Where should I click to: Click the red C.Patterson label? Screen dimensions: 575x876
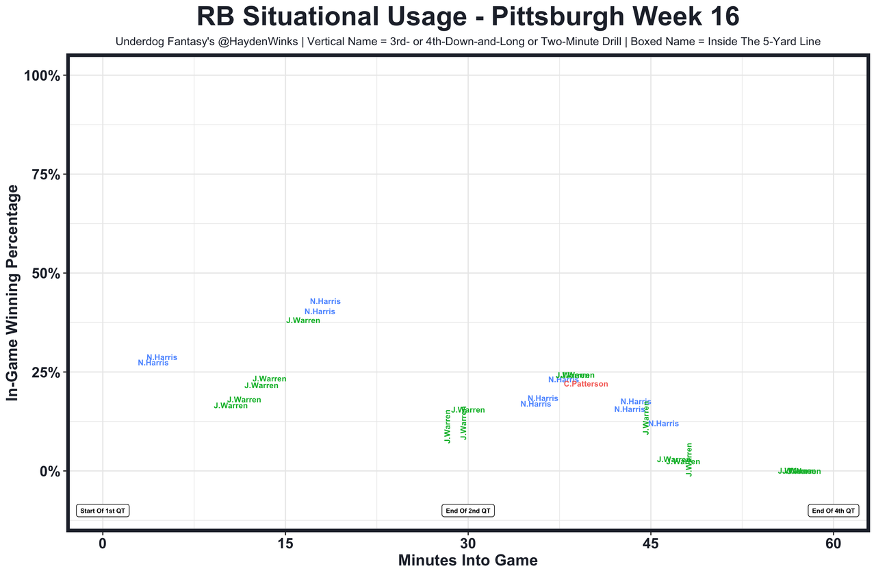click(586, 385)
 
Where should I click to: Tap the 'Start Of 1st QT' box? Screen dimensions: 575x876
click(103, 511)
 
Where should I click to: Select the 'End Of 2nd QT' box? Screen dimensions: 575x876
click(468, 511)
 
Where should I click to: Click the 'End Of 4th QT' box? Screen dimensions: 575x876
click(833, 511)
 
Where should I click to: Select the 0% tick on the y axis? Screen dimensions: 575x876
click(51, 472)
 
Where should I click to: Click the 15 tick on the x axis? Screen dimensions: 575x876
click(285, 544)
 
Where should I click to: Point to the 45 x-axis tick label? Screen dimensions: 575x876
click(651, 544)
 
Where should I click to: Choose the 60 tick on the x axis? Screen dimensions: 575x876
click(833, 544)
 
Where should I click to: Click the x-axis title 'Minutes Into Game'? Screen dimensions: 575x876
click(468, 561)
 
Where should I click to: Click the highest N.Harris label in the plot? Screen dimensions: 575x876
click(325, 301)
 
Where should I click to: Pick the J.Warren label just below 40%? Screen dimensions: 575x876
click(303, 320)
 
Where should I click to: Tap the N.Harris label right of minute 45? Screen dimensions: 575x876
click(663, 424)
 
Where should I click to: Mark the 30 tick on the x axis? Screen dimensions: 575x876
click(468, 544)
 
